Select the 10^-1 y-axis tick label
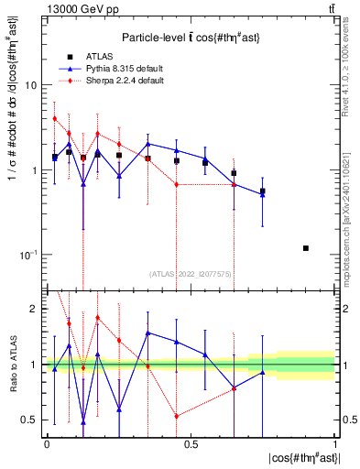pyautogui.click(x=27, y=255)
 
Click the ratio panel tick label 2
pyautogui.click(x=33, y=310)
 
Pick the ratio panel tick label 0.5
pyautogui.click(x=29, y=420)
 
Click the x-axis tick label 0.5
pyautogui.click(x=191, y=443)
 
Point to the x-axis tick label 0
pyautogui.click(x=47, y=443)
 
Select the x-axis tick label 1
pyautogui.click(x=334, y=443)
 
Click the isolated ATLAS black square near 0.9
pyautogui.click(x=306, y=248)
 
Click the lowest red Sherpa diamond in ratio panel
pyautogui.click(x=176, y=416)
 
